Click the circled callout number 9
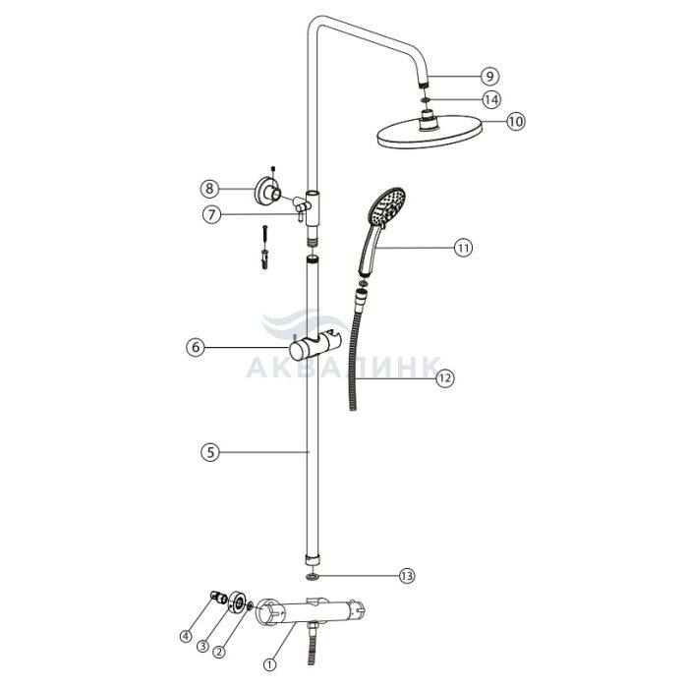tap(489, 77)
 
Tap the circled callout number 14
tap(491, 99)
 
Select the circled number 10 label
tap(516, 121)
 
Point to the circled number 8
tap(209, 189)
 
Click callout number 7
tap(212, 215)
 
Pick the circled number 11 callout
tap(463, 248)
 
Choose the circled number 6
tap(196, 347)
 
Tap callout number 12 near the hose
tap(445, 377)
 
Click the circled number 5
tap(210, 452)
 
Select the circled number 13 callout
tap(407, 575)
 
